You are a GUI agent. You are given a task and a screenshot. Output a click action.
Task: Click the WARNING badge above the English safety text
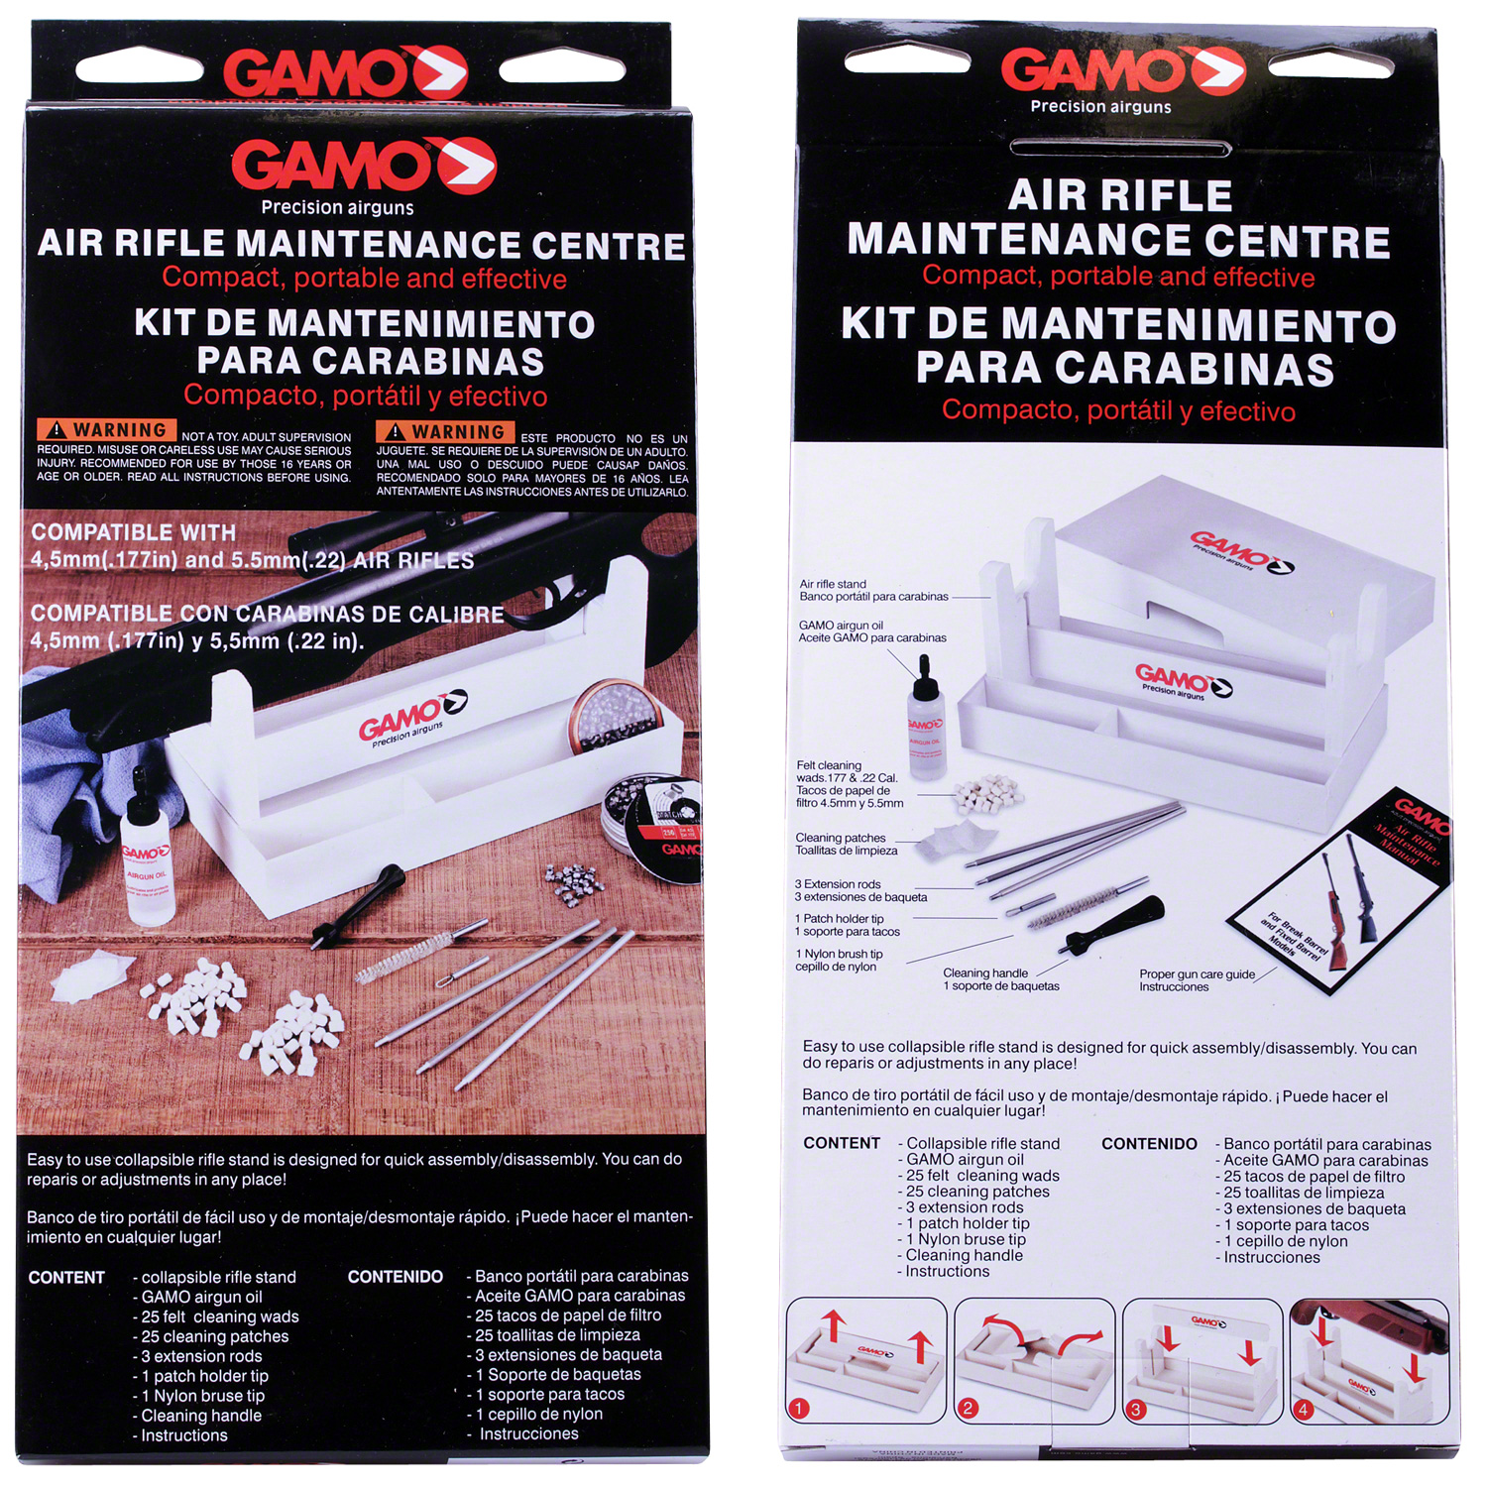107,430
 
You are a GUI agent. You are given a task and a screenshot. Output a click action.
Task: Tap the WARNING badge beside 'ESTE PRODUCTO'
446,432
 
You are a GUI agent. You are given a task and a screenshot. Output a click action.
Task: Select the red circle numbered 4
1305,1409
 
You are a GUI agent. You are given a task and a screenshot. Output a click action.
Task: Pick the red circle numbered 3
1137,1408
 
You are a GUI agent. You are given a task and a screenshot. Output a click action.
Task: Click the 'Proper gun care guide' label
1197,980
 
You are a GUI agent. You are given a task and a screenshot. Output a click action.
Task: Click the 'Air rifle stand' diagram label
873,590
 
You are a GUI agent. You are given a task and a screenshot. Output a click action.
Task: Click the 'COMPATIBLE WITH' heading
134,532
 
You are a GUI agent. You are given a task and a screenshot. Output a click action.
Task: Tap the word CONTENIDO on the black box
395,1277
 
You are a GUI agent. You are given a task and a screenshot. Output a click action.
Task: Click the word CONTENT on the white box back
842,1143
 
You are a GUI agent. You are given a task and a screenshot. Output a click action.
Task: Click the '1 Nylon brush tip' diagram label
839,960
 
